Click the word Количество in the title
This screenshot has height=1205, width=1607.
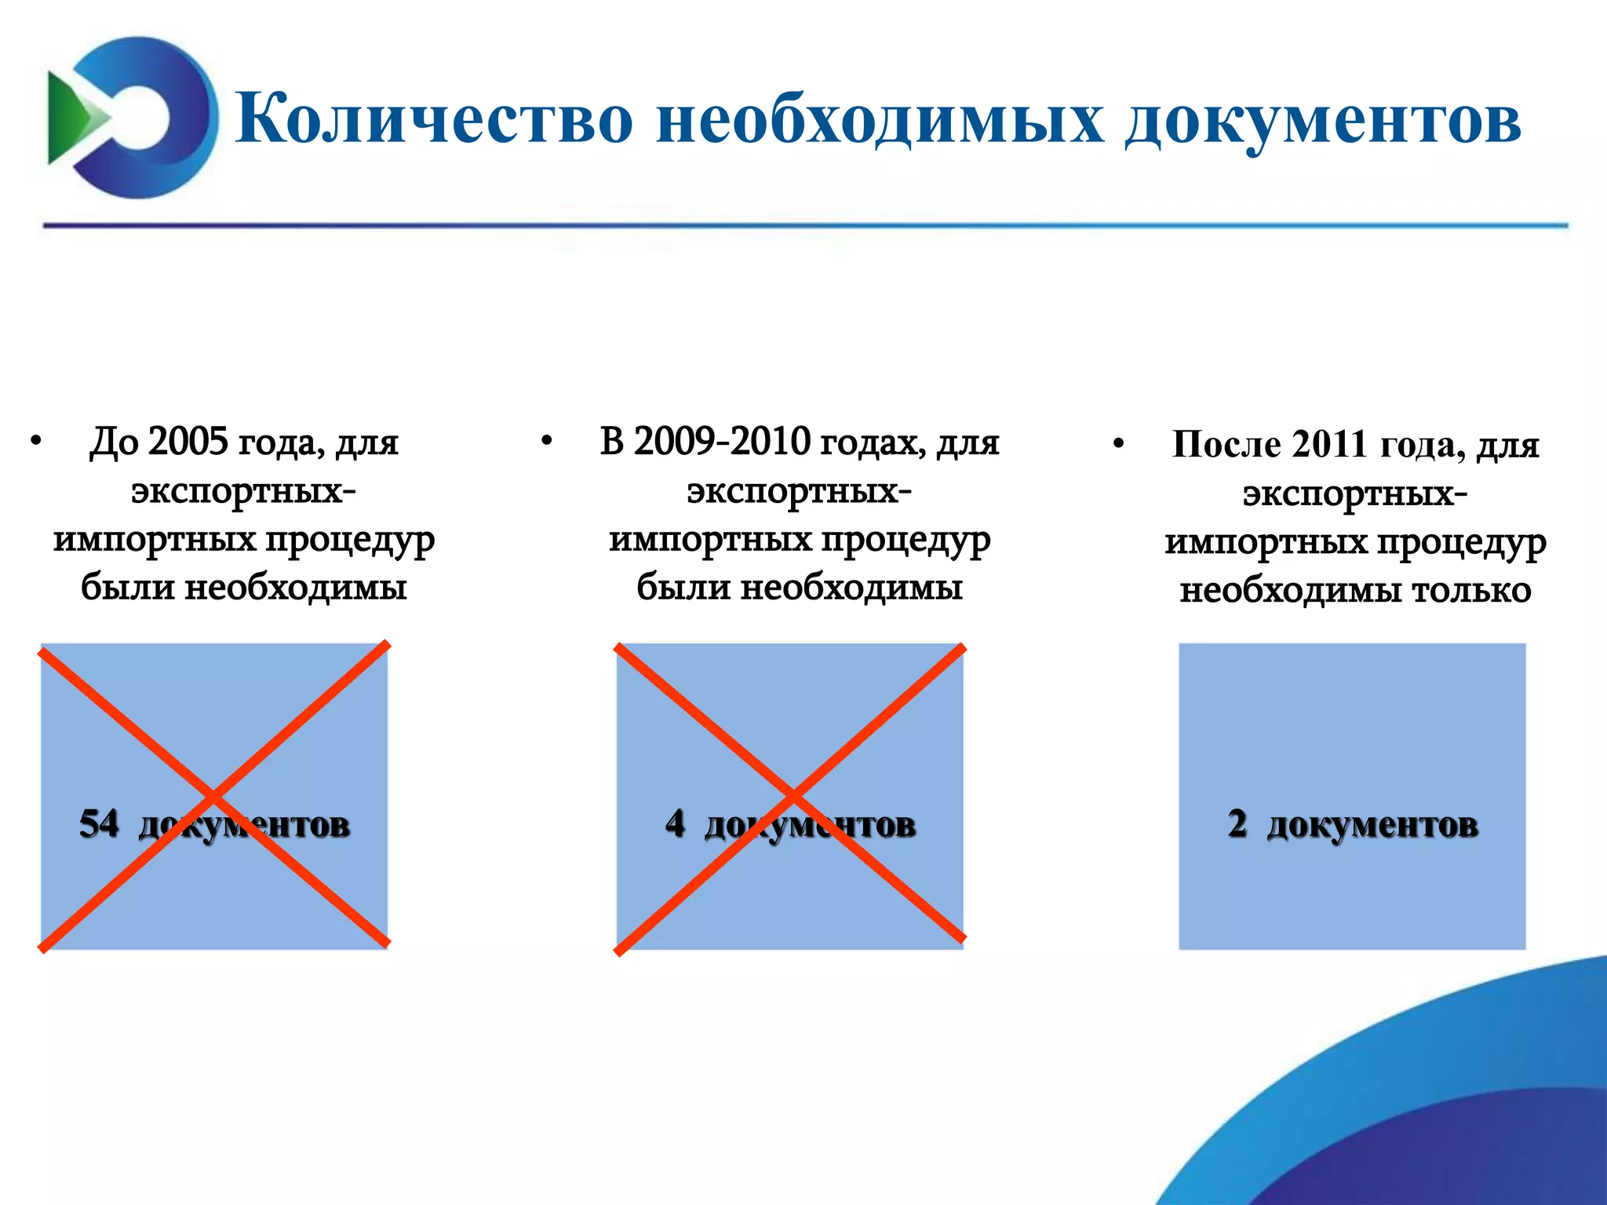(434, 119)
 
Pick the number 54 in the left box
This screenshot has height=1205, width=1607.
(99, 824)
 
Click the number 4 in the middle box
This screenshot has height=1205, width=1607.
(675, 824)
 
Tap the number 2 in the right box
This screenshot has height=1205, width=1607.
(1237, 824)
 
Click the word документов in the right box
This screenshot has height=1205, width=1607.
(1372, 825)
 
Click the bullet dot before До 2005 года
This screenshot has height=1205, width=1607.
(36, 442)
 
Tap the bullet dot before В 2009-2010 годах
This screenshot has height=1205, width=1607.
(547, 442)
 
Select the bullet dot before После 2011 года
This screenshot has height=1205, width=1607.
(1118, 445)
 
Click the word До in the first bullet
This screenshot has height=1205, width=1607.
(114, 442)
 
